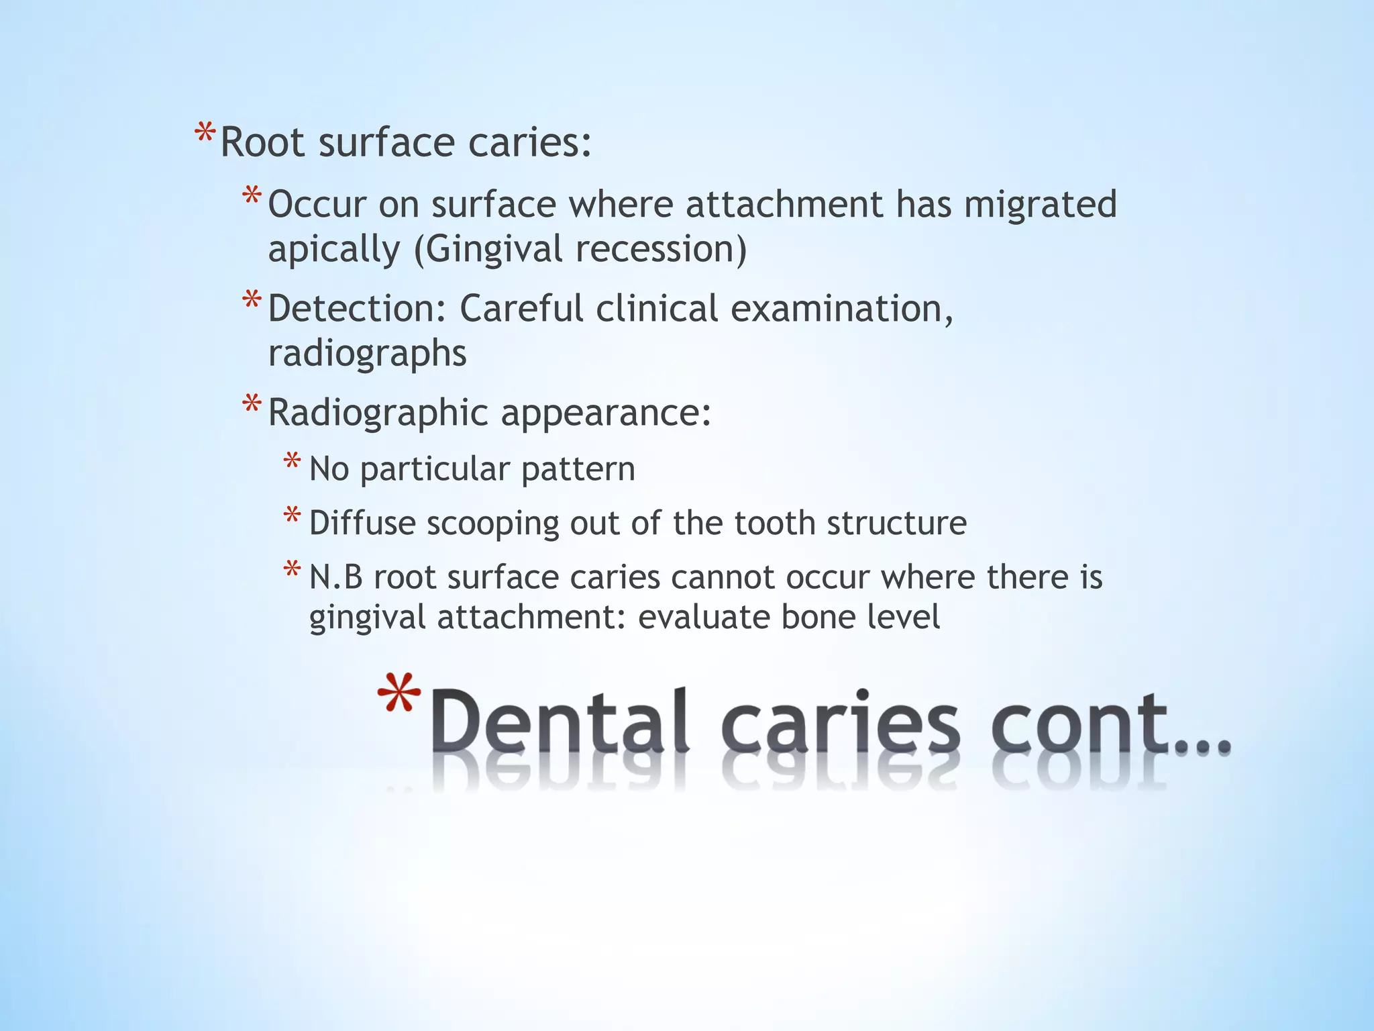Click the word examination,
coord(841,309)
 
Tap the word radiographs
coord(367,353)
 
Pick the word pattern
coord(578,469)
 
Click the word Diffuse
coord(362,523)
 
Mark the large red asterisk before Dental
coord(399,695)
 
